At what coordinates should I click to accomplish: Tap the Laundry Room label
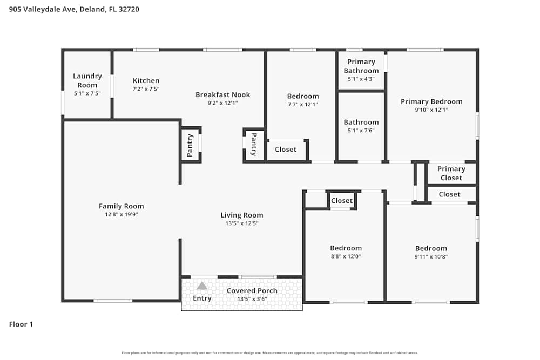87,80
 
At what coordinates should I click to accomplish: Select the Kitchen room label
146,81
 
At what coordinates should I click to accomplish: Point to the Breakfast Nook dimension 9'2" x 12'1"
223,103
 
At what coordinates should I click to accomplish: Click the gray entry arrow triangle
202,286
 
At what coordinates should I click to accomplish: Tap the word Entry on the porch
202,298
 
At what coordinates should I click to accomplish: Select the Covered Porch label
252,290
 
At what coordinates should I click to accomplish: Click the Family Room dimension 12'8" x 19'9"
122,214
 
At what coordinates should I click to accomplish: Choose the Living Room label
242,215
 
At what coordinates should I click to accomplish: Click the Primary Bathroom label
361,66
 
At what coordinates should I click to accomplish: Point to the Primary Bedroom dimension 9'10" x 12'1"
431,110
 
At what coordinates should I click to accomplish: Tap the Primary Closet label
451,173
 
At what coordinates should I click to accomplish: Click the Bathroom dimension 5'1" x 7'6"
361,130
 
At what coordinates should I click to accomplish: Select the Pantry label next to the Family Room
190,145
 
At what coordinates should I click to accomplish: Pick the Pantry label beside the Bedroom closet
254,145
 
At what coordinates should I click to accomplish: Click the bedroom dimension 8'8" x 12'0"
346,256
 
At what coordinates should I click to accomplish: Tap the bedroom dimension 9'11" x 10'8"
431,256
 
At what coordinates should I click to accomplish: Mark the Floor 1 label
21,324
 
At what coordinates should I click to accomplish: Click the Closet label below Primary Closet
449,194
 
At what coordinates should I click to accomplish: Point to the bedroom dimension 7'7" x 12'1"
302,104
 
